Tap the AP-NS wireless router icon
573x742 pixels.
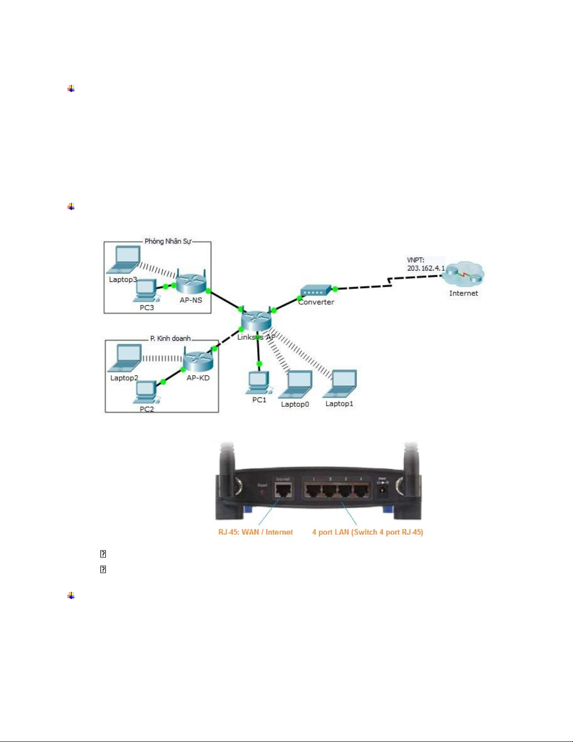[x=191, y=281]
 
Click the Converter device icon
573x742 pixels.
[x=316, y=291]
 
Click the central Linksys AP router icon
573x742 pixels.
[x=256, y=320]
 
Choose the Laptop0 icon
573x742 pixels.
[x=296, y=384]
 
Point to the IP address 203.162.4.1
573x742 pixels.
[x=426, y=268]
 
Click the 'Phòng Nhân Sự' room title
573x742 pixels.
[x=167, y=241]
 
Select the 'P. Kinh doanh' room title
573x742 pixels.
[x=170, y=338]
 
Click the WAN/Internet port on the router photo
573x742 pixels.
[x=283, y=490]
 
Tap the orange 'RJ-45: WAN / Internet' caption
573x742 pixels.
[x=255, y=532]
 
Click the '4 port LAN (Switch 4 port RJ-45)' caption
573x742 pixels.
[x=368, y=532]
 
